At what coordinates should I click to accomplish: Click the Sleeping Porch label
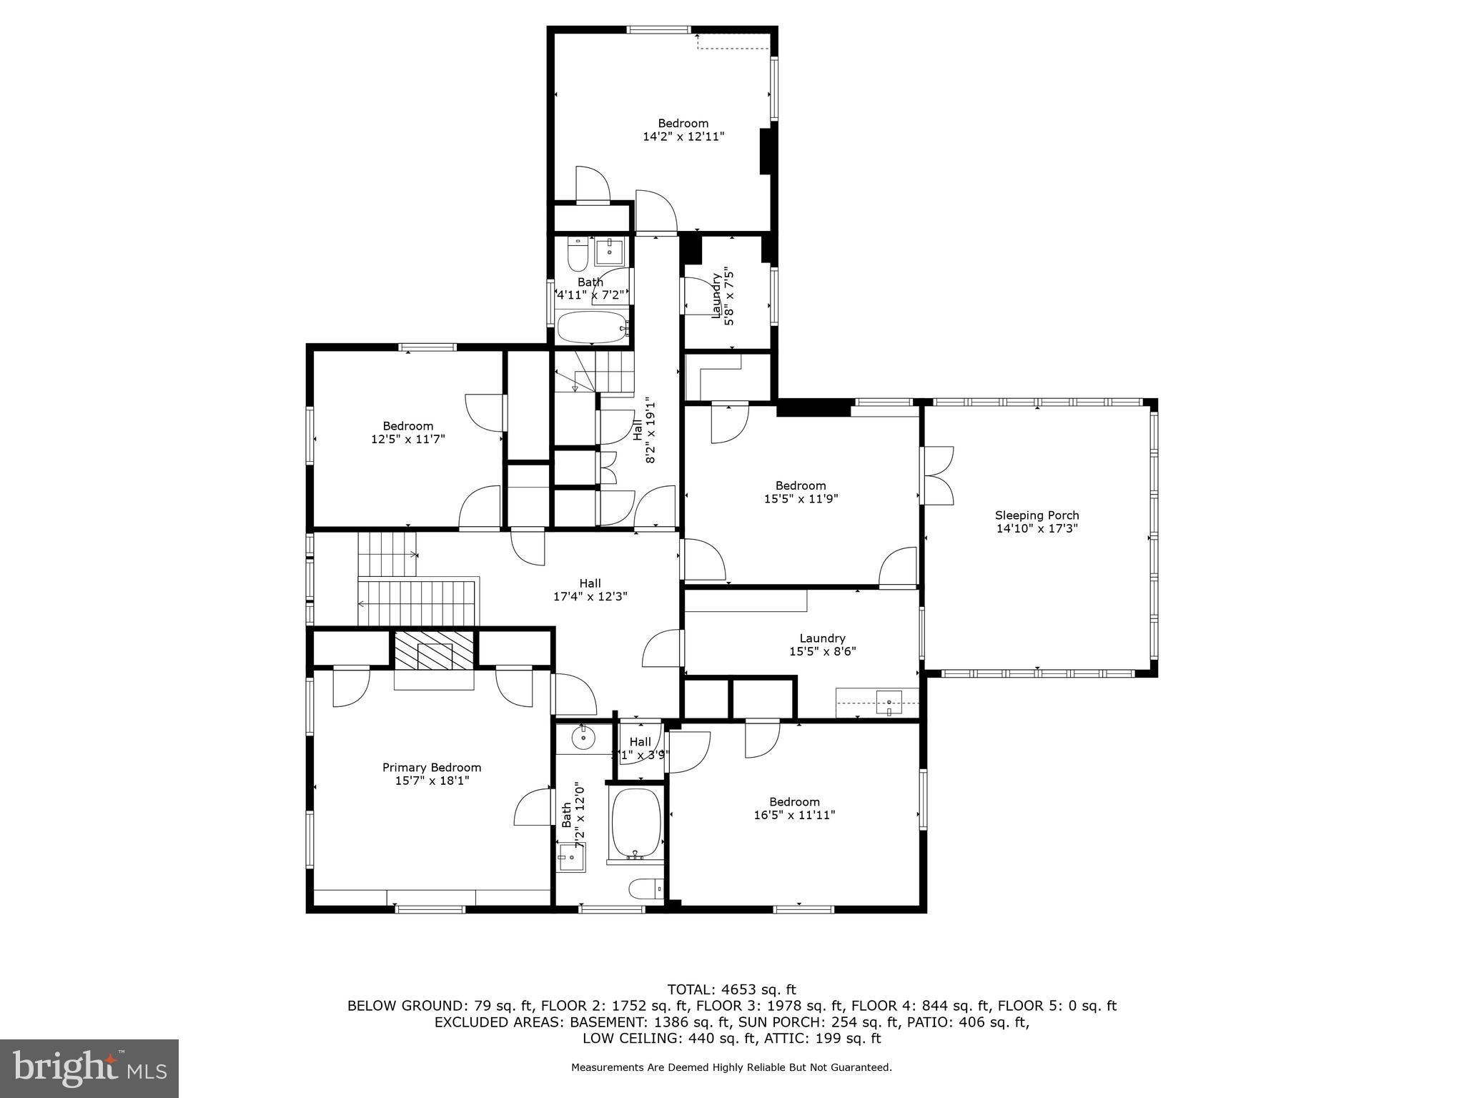(1037, 515)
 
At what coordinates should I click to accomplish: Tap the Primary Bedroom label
(431, 767)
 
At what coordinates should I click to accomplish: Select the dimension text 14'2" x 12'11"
(683, 136)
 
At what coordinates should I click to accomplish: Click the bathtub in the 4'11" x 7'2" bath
(592, 327)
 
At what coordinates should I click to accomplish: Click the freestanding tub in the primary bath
(635, 823)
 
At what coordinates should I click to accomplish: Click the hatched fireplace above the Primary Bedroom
(435, 651)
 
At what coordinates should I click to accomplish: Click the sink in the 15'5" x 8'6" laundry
(889, 702)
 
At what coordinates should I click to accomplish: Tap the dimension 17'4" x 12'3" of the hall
(590, 596)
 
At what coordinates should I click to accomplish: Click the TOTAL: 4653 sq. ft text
(731, 989)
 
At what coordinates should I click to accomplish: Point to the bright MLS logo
(89, 1068)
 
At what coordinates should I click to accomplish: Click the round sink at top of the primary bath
(583, 736)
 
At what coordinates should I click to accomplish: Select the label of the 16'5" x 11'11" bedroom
(794, 801)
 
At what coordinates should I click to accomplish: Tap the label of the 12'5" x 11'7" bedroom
(407, 426)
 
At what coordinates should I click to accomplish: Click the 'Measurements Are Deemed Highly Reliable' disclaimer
(731, 1067)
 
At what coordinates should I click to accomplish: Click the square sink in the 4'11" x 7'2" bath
(610, 252)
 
